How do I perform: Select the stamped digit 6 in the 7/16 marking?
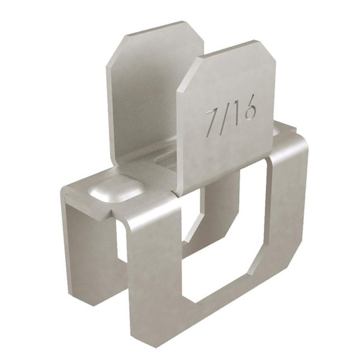[x=248, y=110]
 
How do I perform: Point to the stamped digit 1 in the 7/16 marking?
[x=236, y=114]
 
